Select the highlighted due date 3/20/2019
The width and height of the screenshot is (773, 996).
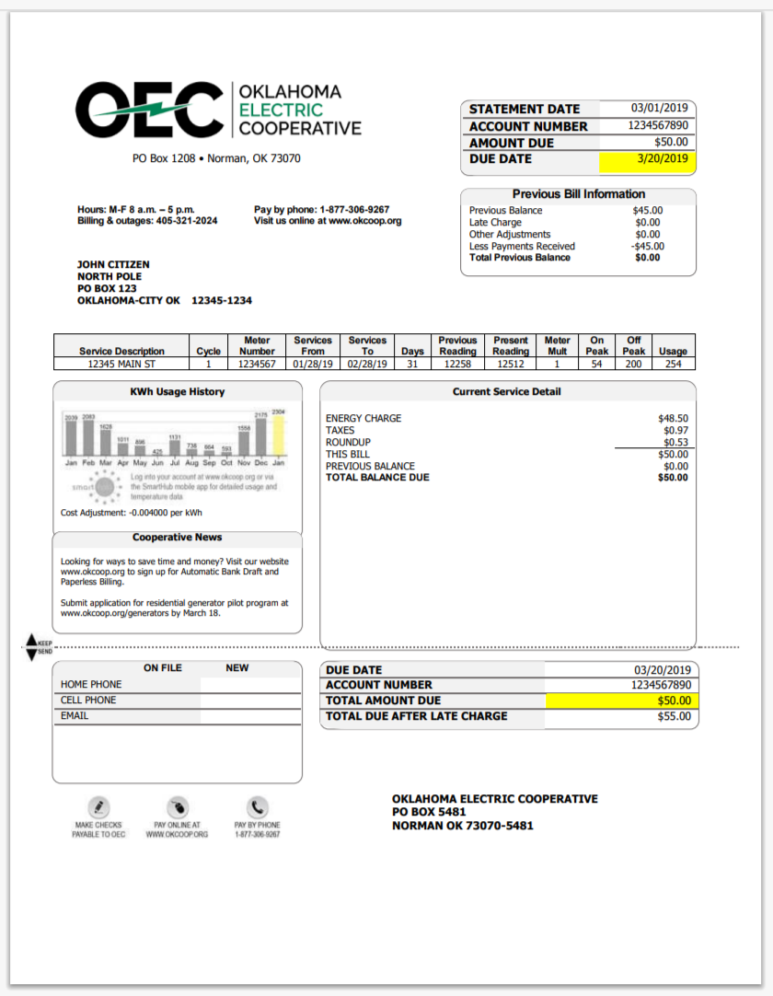663,159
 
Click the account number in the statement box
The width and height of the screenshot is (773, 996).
658,126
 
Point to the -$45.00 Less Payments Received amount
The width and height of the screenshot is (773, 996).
648,246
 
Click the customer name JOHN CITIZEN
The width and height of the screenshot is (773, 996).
113,265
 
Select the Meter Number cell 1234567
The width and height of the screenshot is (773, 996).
258,365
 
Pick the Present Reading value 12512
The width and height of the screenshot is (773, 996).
510,365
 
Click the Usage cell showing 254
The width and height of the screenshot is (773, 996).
673,365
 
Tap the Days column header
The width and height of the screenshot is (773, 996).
411,352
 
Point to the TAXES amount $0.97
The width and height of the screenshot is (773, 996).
675,431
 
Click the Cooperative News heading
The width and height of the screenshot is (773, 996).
177,538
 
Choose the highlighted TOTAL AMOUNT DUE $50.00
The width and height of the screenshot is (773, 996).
672,701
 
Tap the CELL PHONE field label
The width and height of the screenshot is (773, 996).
88,701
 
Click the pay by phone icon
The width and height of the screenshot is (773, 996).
258,806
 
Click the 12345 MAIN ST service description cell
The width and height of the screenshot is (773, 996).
121,365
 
